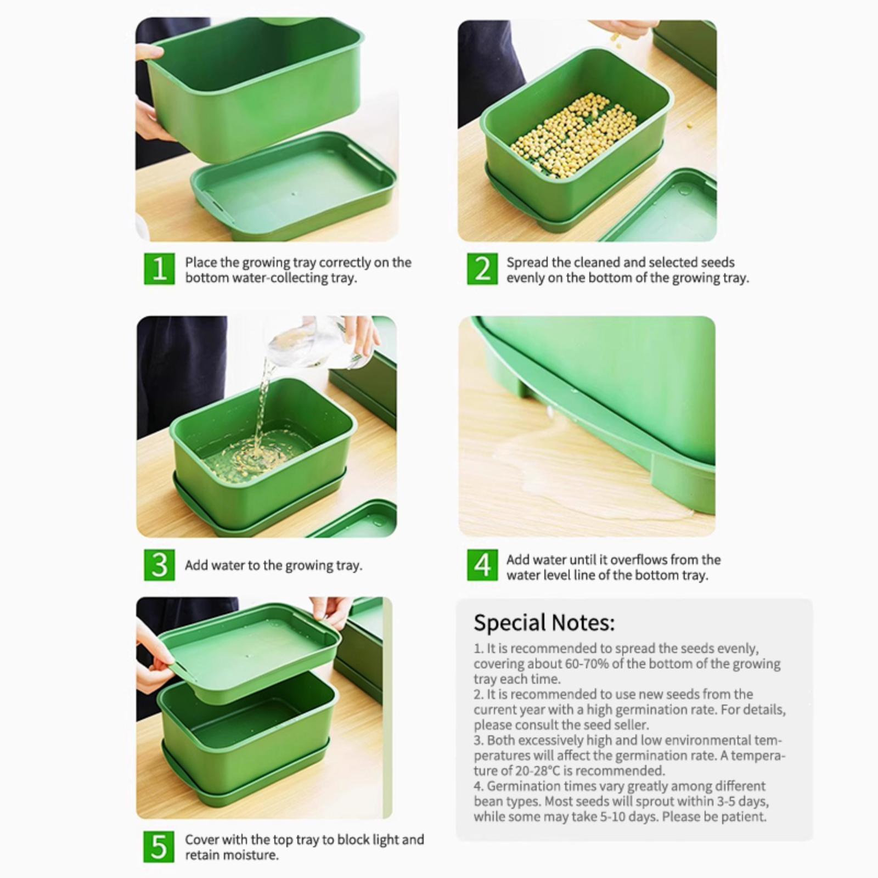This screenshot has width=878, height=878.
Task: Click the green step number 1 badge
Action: (x=159, y=269)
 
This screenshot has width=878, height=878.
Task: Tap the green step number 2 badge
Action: (x=482, y=269)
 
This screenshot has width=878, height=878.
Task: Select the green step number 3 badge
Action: (x=159, y=565)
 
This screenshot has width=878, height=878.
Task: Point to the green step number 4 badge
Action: (x=482, y=565)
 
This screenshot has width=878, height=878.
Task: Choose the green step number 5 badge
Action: (x=159, y=847)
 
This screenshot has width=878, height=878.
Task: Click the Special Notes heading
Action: (x=544, y=623)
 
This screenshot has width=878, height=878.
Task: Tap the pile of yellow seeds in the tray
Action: (x=574, y=136)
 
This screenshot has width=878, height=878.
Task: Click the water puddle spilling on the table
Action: (x=582, y=461)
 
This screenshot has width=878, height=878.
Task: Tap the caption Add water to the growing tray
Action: (x=273, y=565)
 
